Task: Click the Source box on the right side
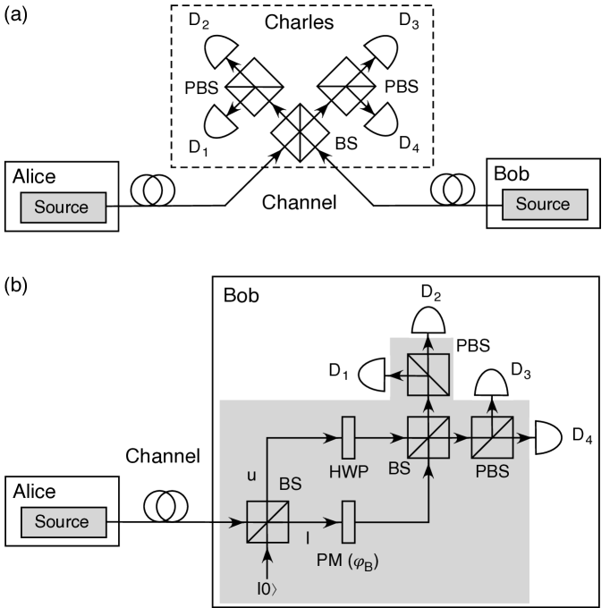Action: point(544,205)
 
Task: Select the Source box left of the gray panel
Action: point(63,522)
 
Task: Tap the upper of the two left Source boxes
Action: point(63,207)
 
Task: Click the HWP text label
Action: point(347,473)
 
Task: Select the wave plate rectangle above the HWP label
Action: point(349,438)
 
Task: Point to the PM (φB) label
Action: point(347,562)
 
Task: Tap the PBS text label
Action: point(492,471)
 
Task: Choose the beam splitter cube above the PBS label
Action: point(493,438)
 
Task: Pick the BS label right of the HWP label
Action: point(399,467)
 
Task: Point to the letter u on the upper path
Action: point(251,475)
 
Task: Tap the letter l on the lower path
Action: point(307,539)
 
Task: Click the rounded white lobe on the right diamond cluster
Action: point(379,120)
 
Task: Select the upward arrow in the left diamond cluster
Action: point(230,70)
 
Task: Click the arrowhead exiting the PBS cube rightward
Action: point(530,438)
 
